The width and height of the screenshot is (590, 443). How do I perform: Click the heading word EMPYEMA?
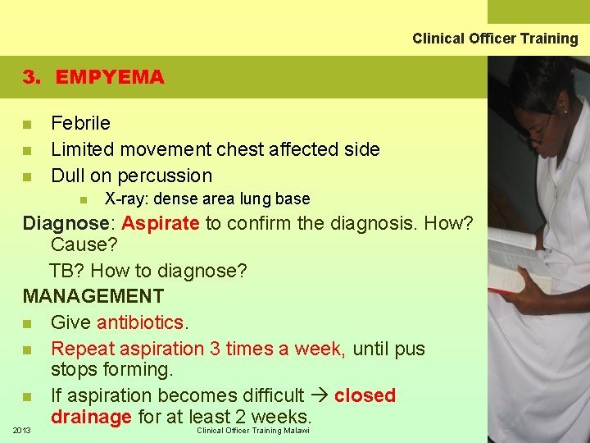click(110, 77)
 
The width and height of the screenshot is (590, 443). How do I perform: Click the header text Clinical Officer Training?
click(495, 39)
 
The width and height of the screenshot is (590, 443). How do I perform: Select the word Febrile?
click(80, 123)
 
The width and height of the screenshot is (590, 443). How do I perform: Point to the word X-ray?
click(125, 199)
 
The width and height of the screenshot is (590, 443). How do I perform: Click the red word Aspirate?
click(161, 223)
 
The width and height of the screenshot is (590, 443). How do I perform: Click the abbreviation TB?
click(66, 271)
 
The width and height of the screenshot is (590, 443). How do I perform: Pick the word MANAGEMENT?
click(93, 296)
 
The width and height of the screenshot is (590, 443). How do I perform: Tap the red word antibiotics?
click(140, 322)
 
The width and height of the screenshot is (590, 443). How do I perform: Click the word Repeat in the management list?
click(80, 349)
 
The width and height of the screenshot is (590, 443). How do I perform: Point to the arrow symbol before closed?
click(319, 395)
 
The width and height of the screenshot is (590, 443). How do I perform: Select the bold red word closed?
click(365, 395)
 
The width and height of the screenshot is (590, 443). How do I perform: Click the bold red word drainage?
click(91, 417)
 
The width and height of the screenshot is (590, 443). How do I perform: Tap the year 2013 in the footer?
click(23, 430)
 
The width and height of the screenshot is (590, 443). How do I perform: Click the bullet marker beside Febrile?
click(27, 125)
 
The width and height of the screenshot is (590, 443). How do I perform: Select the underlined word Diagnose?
click(66, 223)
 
